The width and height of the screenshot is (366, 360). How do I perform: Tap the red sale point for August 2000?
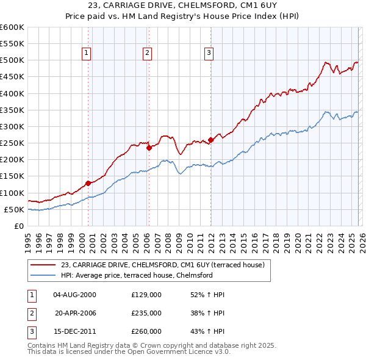coord(88,182)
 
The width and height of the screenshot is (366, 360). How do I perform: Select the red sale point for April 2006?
coord(149,148)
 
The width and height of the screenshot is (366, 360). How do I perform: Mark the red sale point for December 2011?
coord(210,140)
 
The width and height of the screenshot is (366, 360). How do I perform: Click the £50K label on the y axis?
coord(14,209)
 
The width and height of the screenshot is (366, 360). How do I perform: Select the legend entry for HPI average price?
coord(136,275)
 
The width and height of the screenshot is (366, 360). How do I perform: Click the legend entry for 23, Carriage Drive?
coord(162,265)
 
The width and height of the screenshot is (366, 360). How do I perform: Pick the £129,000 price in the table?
coord(146,295)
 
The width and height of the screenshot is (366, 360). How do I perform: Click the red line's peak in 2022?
coord(326,62)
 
